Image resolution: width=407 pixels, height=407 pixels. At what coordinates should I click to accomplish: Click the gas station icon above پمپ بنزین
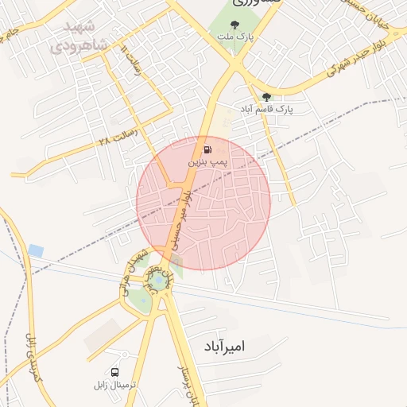207,149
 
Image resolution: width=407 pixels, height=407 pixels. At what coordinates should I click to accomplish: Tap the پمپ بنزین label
207,161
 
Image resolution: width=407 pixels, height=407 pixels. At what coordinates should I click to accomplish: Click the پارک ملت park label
237,37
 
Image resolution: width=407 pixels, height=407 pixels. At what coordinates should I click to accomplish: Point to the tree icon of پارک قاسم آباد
266,97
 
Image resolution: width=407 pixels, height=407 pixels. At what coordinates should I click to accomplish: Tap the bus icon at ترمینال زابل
116,372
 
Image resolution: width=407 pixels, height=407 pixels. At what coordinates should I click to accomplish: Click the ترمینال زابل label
116,385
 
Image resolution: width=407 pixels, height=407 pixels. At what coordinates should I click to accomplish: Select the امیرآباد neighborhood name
238,347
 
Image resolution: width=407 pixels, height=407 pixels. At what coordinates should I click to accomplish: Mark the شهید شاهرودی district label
79,37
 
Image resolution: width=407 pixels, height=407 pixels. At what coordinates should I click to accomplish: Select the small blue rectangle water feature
36,251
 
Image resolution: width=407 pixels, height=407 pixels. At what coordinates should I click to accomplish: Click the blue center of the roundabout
157,281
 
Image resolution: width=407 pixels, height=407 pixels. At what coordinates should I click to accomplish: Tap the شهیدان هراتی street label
133,274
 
